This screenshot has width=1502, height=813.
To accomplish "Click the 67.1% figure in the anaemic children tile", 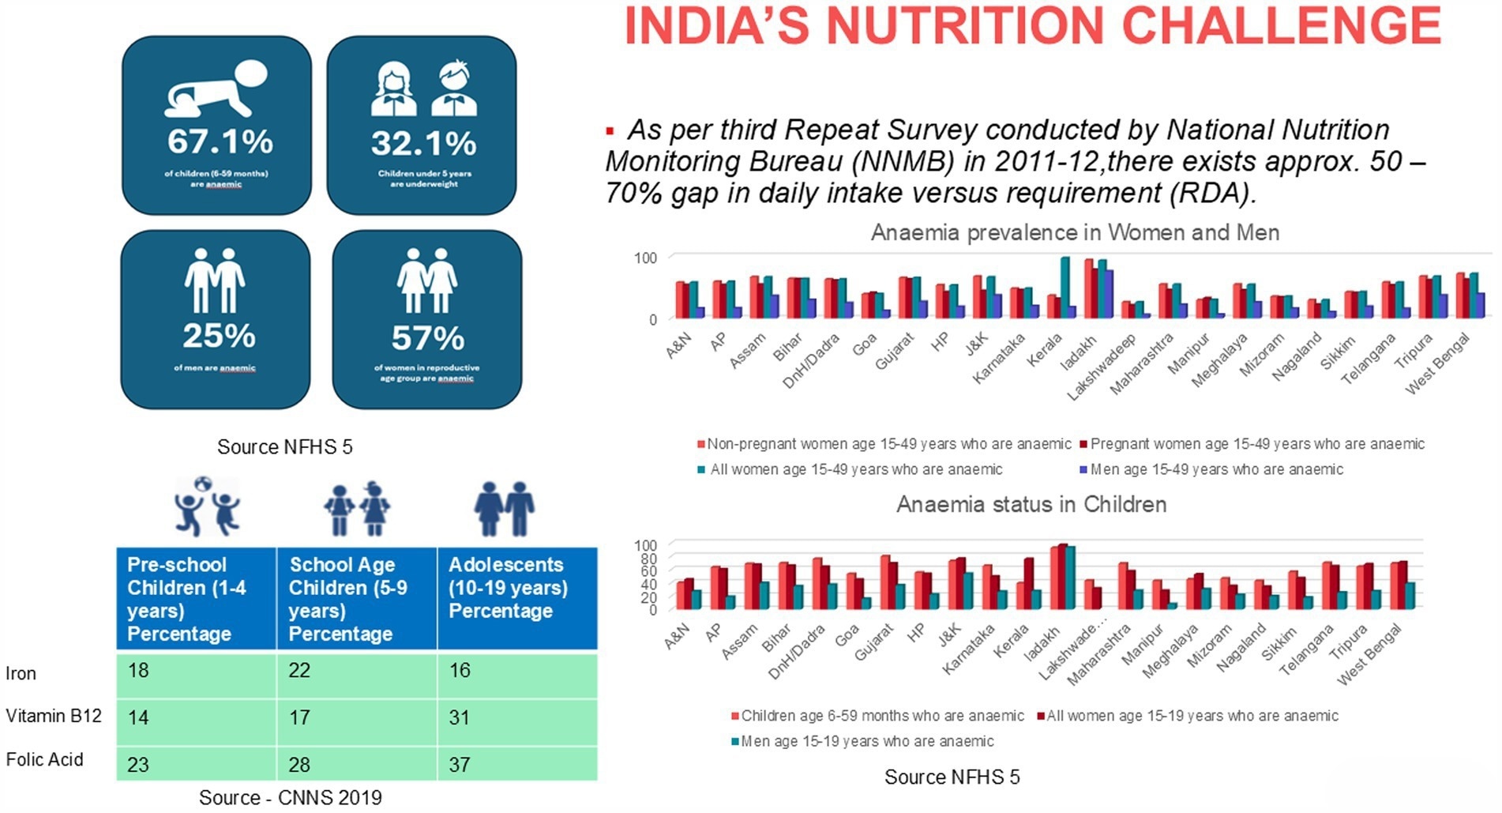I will click(x=220, y=142).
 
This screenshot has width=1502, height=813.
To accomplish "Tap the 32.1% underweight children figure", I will click(x=423, y=144).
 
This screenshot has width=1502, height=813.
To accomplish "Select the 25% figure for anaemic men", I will click(x=219, y=336).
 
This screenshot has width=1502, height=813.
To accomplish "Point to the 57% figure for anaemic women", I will click(x=427, y=338).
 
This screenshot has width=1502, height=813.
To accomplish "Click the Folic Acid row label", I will click(x=44, y=759).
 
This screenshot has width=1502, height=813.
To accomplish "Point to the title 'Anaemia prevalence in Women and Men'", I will click(x=1075, y=232).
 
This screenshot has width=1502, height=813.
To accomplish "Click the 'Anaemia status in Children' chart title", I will click(x=1031, y=504).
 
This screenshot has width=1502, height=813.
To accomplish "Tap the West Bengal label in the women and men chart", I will click(x=1439, y=363).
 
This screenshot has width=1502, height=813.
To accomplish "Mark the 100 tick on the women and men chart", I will click(x=645, y=258).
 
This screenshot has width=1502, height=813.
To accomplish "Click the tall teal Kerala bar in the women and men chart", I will click(x=1065, y=286).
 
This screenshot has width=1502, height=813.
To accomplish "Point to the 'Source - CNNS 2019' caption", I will click(x=290, y=798).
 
